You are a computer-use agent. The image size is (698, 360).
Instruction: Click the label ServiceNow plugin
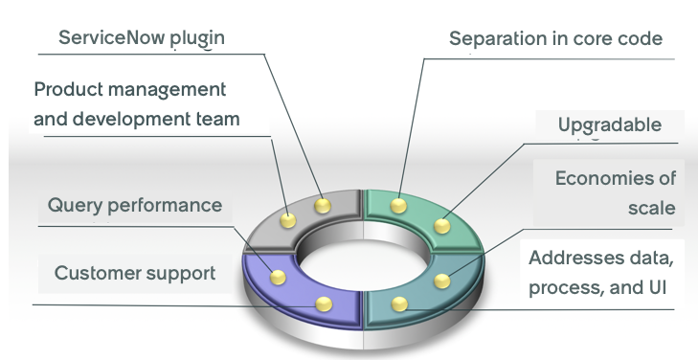(142, 38)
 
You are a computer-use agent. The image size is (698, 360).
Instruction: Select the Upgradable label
(609, 125)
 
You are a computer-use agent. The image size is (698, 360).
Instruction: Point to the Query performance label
(134, 205)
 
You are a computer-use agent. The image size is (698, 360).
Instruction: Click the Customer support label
(135, 273)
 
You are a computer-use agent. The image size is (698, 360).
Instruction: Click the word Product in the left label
(68, 89)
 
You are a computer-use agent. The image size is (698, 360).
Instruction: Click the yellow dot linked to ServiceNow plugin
(323, 206)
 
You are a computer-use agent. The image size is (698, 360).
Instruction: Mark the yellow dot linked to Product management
(288, 220)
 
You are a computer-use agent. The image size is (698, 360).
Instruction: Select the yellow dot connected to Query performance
(279, 278)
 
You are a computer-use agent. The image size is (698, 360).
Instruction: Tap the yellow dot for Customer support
(324, 304)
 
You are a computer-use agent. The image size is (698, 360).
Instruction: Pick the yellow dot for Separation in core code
(398, 206)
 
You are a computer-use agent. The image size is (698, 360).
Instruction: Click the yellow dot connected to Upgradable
(442, 226)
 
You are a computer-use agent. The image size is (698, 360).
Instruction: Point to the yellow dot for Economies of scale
(442, 281)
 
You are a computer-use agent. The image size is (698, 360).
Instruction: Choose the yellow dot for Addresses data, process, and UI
(399, 304)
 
